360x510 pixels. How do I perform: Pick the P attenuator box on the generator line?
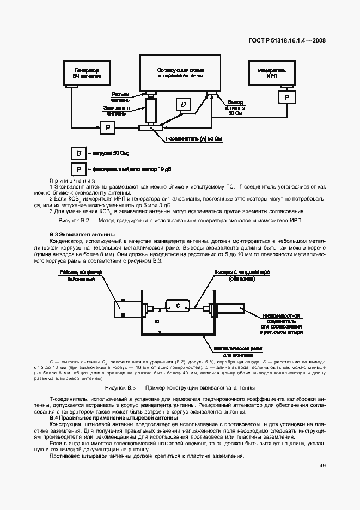[108, 127]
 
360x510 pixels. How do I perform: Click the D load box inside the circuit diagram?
[184, 104]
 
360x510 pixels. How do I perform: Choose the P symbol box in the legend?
[80, 168]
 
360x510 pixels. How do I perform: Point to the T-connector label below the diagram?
[193, 139]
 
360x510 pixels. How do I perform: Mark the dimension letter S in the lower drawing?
[157, 321]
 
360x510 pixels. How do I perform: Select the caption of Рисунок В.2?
[180, 220]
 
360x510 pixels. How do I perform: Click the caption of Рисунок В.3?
[180, 388]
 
